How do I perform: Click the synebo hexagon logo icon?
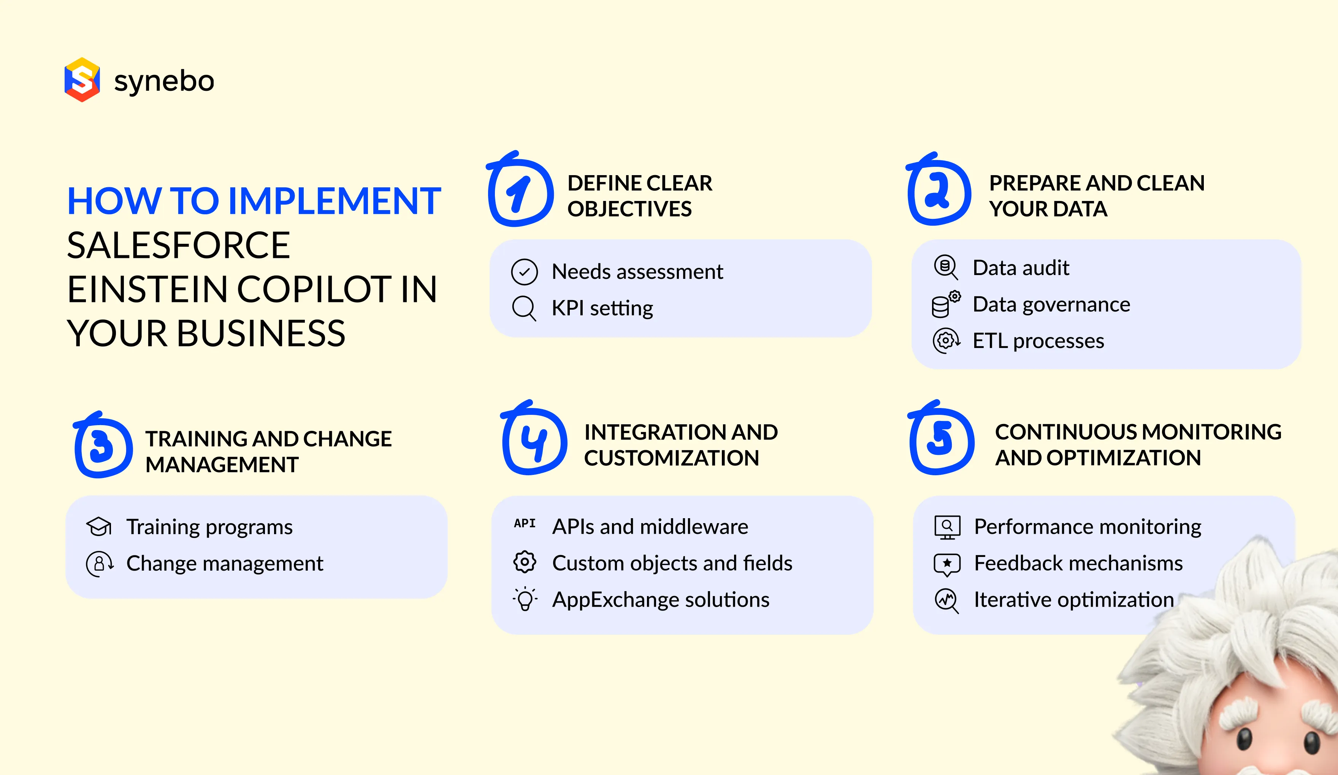(82, 80)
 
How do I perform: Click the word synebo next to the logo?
(164, 81)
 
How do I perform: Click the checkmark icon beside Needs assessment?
(524, 272)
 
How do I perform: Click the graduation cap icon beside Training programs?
(99, 527)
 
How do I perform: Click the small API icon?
(525, 524)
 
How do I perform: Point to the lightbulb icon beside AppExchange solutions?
(525, 600)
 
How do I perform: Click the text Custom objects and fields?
(672, 563)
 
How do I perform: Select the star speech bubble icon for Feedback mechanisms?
(947, 564)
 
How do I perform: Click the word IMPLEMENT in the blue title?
(334, 201)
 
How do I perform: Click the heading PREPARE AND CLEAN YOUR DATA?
(1096, 195)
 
